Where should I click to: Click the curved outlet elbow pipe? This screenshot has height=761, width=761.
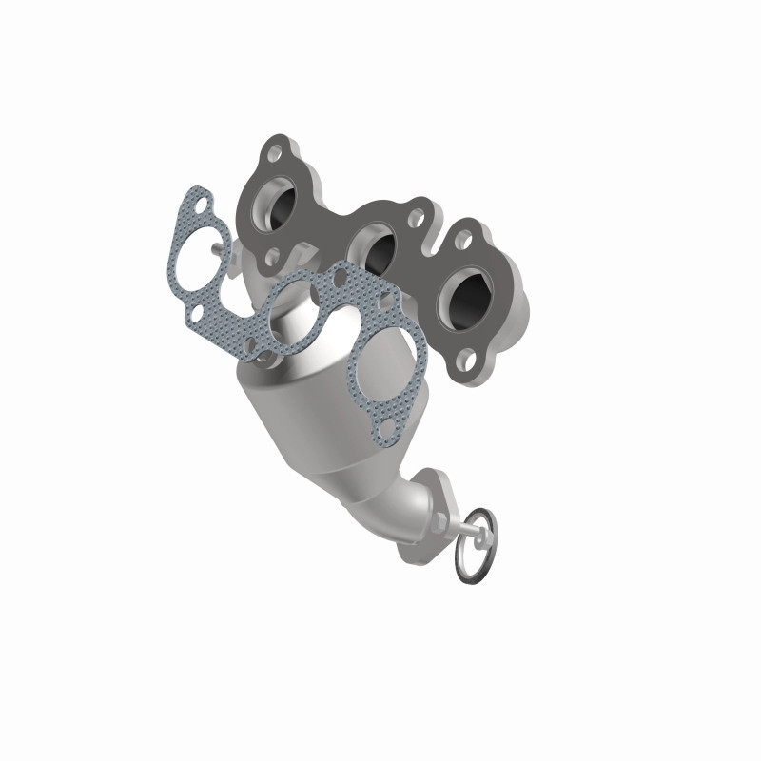tap(402, 504)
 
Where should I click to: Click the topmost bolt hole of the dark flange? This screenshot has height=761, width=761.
tap(276, 152)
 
